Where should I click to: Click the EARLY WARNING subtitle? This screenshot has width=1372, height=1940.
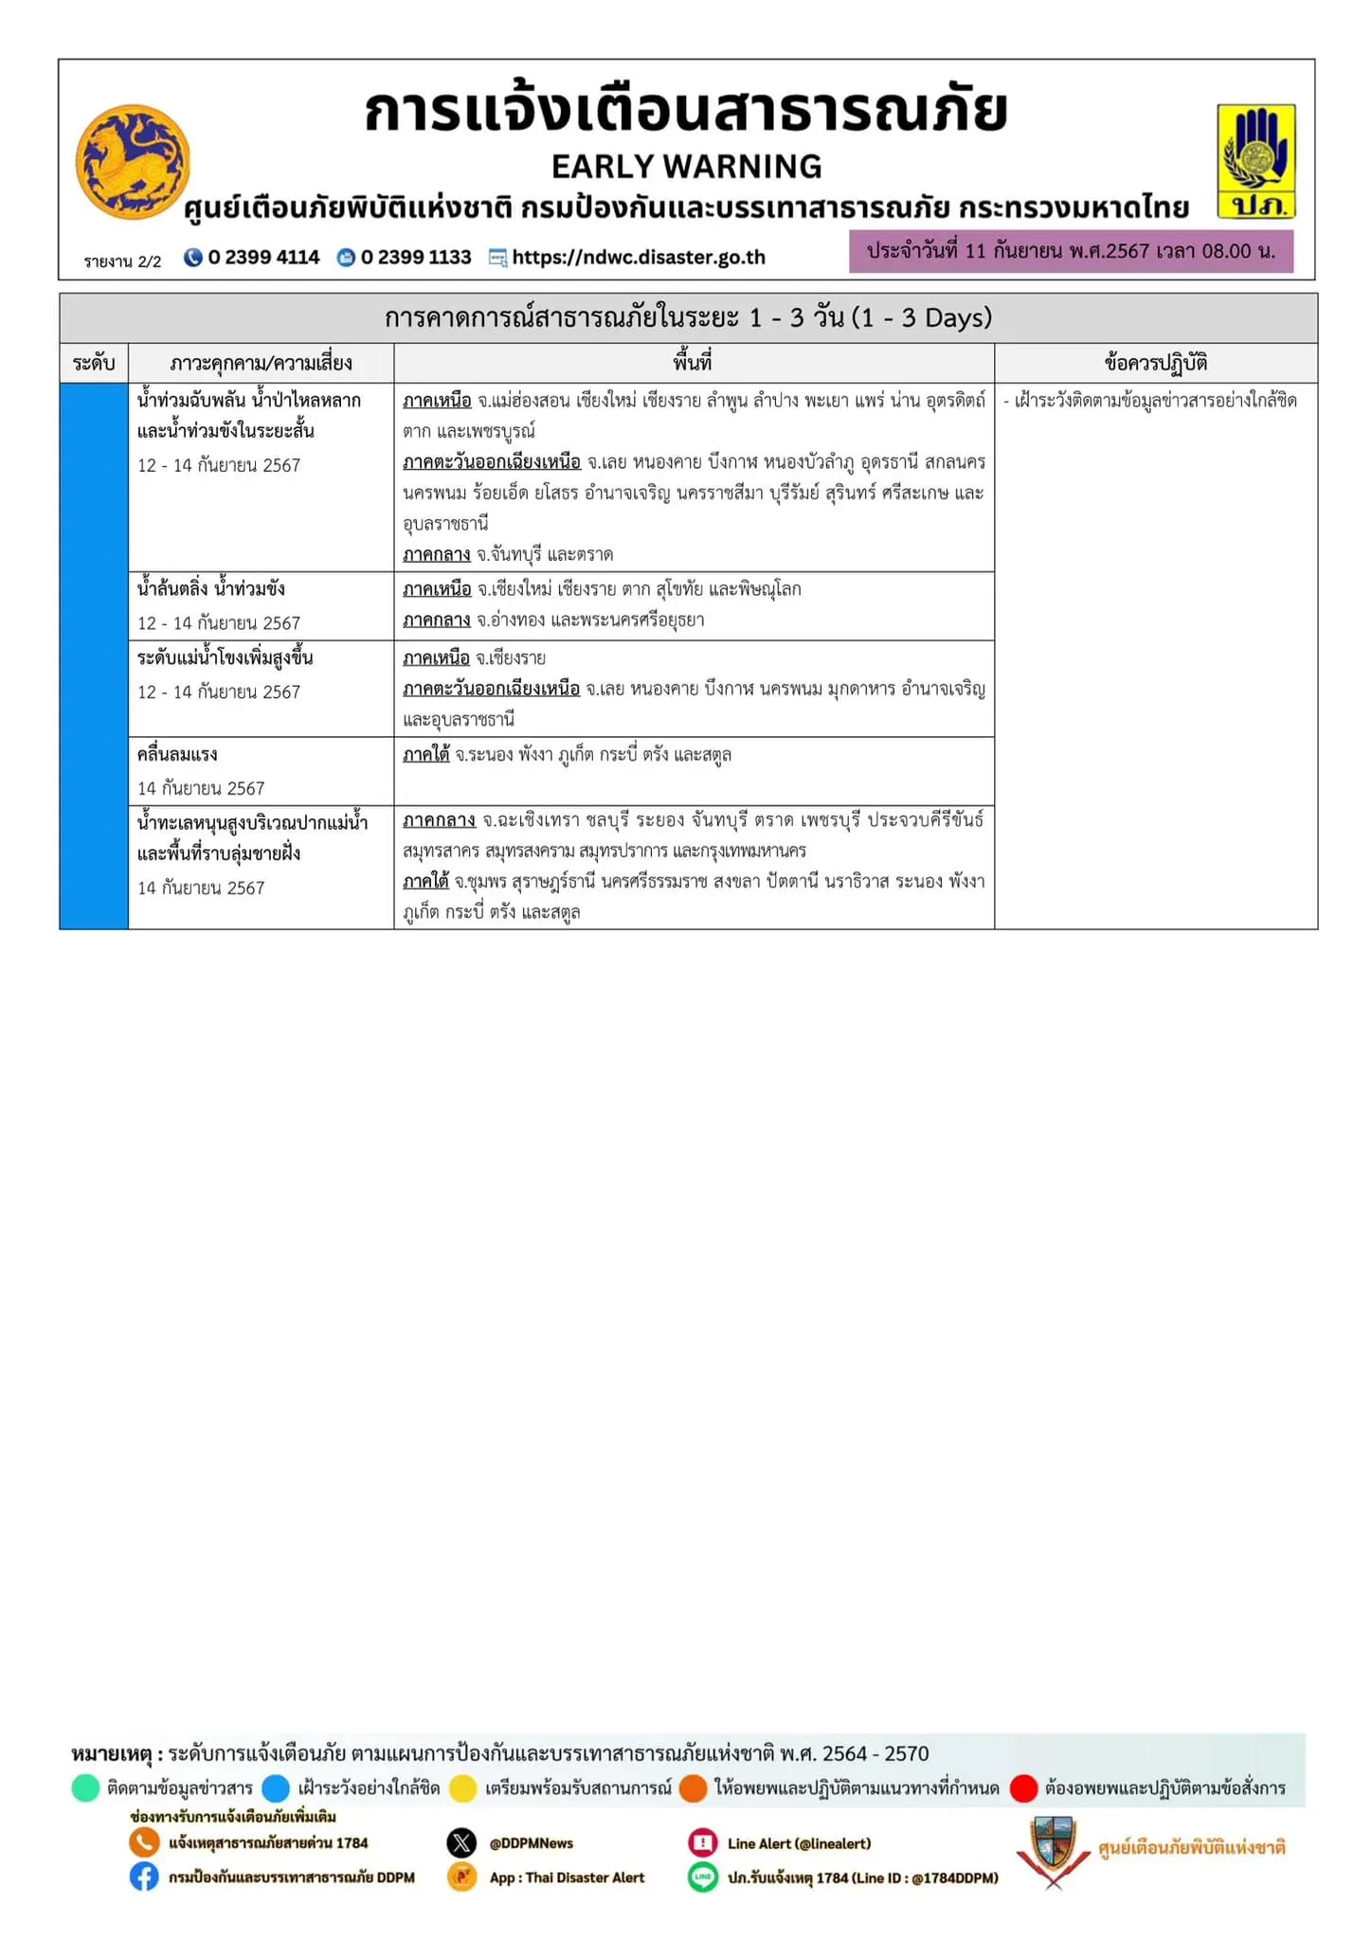coord(686,167)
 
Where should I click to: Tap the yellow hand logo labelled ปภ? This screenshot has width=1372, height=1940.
coord(1255,161)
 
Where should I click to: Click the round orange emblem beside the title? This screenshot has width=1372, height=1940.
coord(133,162)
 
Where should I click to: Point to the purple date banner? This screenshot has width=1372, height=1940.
coord(1071,252)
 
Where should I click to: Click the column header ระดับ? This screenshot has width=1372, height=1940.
coord(94,363)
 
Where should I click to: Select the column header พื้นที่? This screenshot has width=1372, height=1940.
coord(693,363)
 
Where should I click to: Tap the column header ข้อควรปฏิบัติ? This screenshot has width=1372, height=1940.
coord(1155,363)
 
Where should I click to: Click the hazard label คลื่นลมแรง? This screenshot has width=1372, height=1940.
coord(177,755)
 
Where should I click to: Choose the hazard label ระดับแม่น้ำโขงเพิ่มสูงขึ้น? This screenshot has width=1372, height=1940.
coord(225,658)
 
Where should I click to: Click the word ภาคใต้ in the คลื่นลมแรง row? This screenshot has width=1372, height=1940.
coord(425,755)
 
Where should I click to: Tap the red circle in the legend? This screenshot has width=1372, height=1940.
coord(1023,1788)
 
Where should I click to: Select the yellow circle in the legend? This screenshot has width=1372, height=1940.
coord(462,1788)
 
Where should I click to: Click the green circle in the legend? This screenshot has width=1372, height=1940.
coord(85,1788)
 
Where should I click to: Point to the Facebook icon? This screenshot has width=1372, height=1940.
coord(144,1877)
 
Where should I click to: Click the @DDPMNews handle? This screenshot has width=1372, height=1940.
coord(531,1843)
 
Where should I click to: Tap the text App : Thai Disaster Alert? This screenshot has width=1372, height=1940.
coord(567,1877)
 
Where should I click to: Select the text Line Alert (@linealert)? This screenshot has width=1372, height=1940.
coord(799,1843)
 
